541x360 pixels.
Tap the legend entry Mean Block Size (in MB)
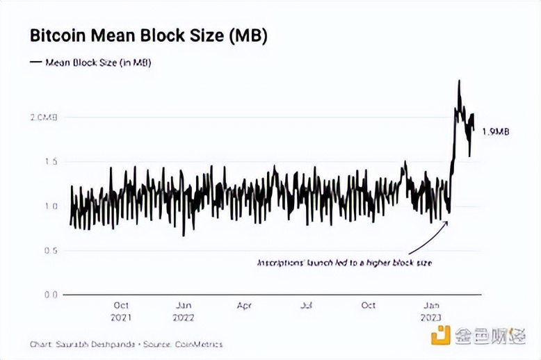98,62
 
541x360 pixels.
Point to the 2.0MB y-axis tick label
42,117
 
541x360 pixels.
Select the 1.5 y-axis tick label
49,162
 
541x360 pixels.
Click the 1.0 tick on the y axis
49,206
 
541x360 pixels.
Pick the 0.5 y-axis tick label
49,250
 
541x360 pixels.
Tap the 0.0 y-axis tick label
49,295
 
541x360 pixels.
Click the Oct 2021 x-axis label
121,311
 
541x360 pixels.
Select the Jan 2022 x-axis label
184,311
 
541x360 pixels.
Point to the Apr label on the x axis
244,305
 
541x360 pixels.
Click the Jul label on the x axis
306,305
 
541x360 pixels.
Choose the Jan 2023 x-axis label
433,311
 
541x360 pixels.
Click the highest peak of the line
459,81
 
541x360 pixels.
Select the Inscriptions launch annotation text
345,262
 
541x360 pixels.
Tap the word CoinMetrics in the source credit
200,344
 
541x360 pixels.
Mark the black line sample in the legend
35,62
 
